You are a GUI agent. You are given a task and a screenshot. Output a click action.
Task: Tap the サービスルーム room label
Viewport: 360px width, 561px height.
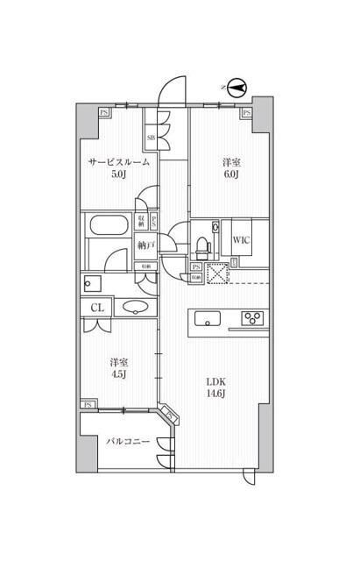point(118,162)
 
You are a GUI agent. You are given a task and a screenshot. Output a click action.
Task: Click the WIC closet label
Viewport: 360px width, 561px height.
point(242,236)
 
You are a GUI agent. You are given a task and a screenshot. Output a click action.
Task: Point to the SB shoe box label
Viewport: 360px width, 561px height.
point(151,138)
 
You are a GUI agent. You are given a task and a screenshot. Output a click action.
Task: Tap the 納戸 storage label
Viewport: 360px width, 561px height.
point(145,247)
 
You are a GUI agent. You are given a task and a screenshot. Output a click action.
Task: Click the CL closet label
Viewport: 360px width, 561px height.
point(97,307)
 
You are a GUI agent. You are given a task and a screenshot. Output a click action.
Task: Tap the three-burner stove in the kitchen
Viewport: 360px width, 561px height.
point(254,317)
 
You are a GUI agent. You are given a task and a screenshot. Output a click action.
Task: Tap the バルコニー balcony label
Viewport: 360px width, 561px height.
point(128,443)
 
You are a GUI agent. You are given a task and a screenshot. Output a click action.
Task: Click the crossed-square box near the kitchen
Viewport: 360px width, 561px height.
point(216,273)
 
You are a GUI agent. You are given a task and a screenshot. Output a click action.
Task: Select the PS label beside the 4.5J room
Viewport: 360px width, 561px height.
point(88,404)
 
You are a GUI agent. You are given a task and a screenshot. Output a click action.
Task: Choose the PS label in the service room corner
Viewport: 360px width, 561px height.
point(104,111)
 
